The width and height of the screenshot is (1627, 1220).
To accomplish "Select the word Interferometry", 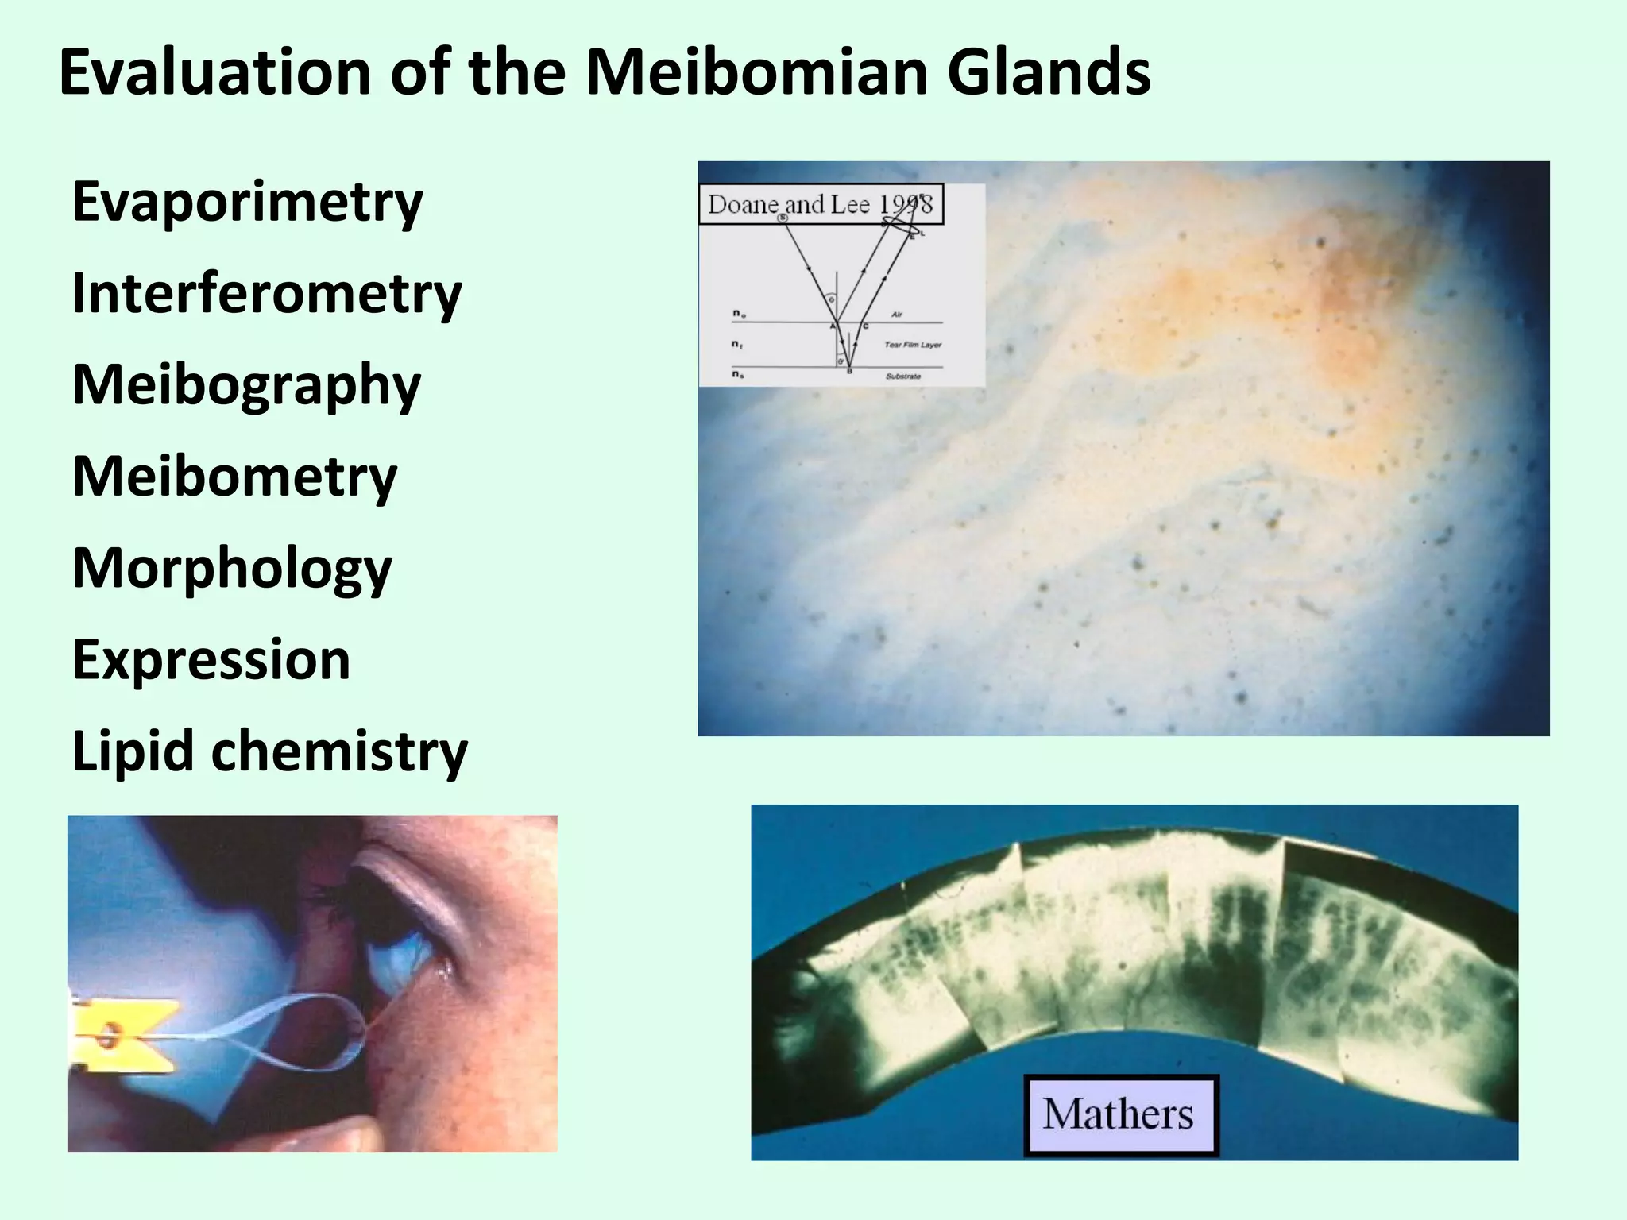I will click(267, 294).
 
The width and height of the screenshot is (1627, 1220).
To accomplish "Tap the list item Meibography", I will click(246, 386).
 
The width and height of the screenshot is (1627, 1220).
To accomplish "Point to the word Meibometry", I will click(234, 477).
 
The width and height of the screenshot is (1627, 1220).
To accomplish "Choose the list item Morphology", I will click(232, 569).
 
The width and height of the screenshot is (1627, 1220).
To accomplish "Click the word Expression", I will click(211, 660).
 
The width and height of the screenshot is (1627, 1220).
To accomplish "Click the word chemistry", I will click(340, 751).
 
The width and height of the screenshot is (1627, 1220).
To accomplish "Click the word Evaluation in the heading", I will click(214, 73).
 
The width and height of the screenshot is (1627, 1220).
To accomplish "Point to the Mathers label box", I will click(1119, 1114).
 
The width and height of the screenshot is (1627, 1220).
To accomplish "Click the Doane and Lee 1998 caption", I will click(821, 205).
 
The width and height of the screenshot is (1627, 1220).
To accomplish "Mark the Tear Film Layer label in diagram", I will click(913, 345).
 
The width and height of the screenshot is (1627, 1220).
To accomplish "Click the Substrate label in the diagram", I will click(903, 376).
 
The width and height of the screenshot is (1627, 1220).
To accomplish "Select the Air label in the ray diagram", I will click(896, 315).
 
